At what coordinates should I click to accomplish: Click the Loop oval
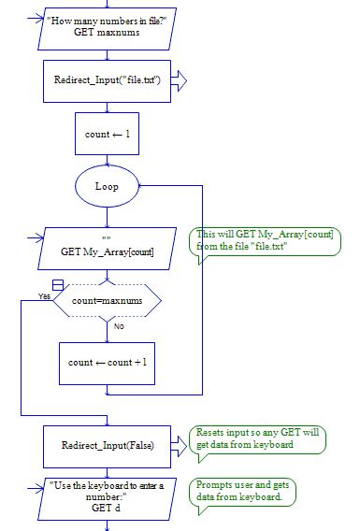[107, 186]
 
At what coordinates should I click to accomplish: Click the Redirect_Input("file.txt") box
[107, 81]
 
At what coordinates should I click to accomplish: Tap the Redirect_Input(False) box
[107, 445]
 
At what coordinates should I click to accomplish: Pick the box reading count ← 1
[107, 134]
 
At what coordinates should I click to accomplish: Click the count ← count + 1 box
[107, 362]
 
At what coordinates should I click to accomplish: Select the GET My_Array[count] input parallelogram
[107, 247]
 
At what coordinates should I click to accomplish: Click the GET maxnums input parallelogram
[107, 25]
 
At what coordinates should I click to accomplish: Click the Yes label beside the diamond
[44, 295]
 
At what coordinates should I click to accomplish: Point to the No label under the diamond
[119, 326]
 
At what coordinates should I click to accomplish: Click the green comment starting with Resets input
[258, 438]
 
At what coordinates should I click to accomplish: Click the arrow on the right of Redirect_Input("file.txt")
[180, 81]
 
